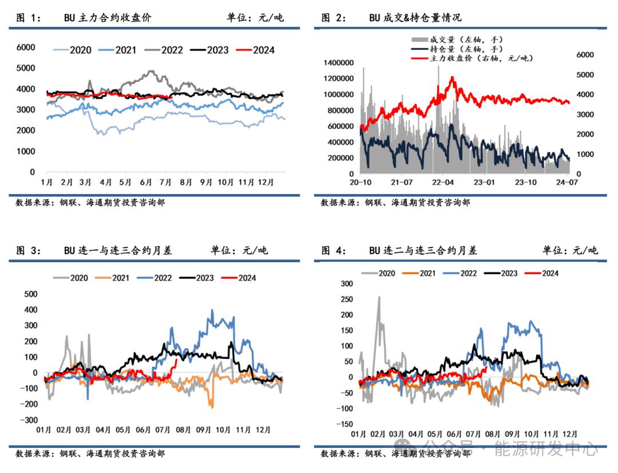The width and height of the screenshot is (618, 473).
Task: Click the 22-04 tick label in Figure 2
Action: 443,182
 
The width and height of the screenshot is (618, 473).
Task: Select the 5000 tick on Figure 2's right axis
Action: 584,74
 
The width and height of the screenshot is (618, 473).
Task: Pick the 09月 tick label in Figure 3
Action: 205,429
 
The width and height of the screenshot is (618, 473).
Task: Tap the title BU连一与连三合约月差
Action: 118,250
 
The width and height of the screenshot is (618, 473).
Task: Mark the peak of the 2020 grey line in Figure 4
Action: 379,297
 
